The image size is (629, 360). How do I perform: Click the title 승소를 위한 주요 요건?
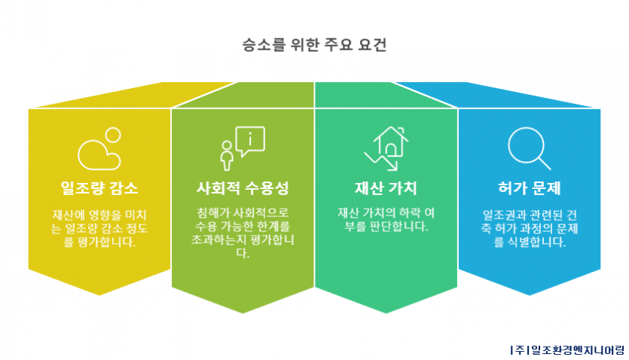pyautogui.click(x=314, y=44)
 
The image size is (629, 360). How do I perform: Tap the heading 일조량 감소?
pyautogui.click(x=99, y=188)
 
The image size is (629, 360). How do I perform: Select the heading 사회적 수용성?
pyautogui.click(x=243, y=188)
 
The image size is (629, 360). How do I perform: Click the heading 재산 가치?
pyautogui.click(x=386, y=188)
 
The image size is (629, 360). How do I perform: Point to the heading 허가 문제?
pyautogui.click(x=529, y=188)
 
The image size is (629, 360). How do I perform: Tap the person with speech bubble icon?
pyautogui.click(x=243, y=148)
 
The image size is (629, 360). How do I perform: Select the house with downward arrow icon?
pyautogui.click(x=386, y=148)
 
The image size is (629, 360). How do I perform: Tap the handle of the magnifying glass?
pyautogui.click(x=545, y=163)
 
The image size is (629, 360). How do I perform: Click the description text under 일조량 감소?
pyautogui.click(x=99, y=228)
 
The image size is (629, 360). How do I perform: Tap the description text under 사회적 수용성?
pyautogui.click(x=243, y=233)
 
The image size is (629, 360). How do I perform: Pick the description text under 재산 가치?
pyautogui.click(x=386, y=219)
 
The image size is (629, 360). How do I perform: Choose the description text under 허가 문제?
pyautogui.click(x=529, y=228)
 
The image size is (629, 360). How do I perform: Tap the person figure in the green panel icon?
pyautogui.click(x=227, y=156)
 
